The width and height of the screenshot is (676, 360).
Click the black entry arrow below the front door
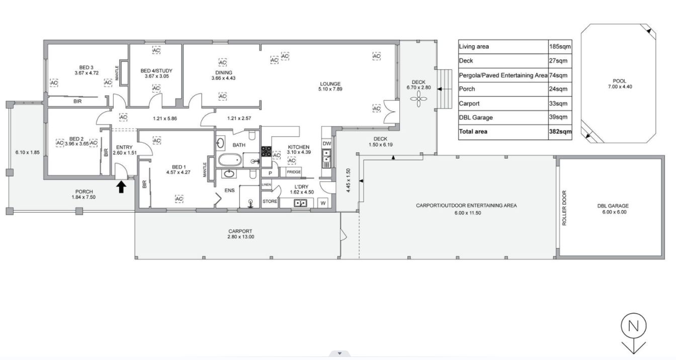click(121, 187)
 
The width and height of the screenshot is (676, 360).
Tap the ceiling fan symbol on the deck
click(418, 99)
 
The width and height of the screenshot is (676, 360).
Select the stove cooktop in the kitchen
click(266, 151)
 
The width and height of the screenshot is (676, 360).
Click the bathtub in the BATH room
click(230, 159)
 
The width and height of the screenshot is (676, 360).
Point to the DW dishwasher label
click(327, 144)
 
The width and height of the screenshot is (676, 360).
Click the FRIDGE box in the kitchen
click(293, 172)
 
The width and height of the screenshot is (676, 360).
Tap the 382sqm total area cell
click(560, 132)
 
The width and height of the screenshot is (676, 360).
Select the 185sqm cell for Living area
click(560, 46)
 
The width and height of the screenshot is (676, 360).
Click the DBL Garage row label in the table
click(476, 117)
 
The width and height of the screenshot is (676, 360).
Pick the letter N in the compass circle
click(633, 326)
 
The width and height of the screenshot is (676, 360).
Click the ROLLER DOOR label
click(564, 208)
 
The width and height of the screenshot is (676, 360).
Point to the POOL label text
click(620, 81)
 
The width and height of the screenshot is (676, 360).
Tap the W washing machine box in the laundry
click(323, 203)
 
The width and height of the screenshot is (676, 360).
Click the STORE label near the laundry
click(270, 201)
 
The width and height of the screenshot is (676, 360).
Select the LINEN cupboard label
click(266, 185)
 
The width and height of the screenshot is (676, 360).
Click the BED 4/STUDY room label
click(156, 70)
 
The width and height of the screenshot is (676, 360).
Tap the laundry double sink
click(300, 203)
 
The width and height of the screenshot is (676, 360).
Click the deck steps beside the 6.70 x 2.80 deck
click(445, 89)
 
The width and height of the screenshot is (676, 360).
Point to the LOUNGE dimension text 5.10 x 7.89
click(330, 89)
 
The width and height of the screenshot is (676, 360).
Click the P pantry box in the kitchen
click(270, 173)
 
